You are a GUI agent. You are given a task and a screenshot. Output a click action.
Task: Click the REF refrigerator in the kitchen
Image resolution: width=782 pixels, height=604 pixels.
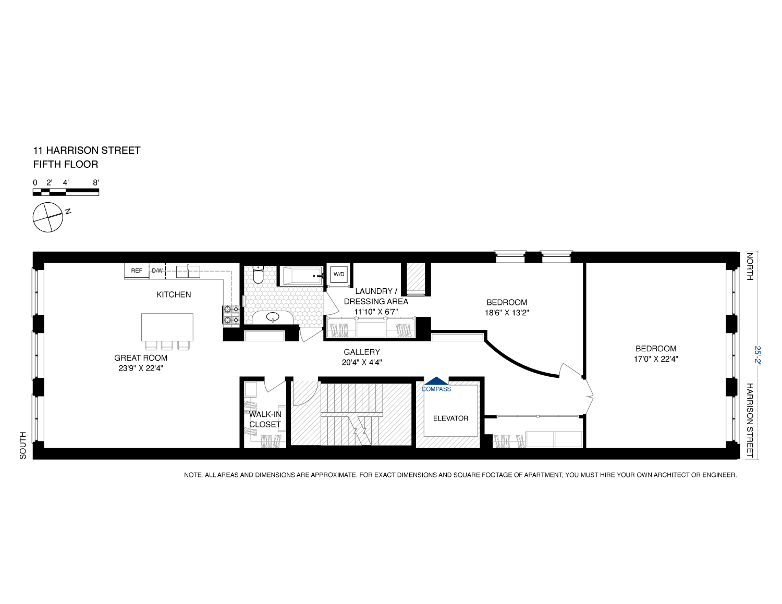[137, 271]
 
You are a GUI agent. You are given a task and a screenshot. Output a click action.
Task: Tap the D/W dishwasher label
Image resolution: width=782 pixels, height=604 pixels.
[157, 271]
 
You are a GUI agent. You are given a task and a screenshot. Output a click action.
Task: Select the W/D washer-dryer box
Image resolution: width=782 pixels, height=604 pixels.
[339, 274]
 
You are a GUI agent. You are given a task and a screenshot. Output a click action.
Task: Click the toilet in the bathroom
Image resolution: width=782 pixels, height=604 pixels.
[258, 275]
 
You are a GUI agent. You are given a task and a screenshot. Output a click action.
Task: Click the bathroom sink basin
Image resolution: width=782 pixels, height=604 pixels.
[273, 316]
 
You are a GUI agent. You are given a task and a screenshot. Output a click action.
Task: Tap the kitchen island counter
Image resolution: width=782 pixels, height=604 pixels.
[167, 327]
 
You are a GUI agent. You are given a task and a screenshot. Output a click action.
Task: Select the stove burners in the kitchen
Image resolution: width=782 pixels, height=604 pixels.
[231, 315]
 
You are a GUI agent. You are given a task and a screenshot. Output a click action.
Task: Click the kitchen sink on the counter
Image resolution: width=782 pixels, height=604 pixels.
[188, 271]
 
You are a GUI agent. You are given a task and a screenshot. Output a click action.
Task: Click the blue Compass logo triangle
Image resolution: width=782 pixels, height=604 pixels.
[436, 381]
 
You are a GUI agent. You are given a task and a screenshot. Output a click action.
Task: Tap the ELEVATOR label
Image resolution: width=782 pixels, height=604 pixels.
[450, 418]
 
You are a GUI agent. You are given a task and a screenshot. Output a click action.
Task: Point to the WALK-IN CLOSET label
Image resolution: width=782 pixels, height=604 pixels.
[265, 420]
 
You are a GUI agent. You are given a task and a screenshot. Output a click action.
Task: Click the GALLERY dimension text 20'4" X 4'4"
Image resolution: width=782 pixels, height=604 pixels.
[362, 363]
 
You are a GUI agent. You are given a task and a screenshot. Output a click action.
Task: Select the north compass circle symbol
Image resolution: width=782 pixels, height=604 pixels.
[48, 217]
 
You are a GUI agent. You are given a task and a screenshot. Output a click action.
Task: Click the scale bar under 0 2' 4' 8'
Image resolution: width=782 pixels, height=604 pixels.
[66, 192]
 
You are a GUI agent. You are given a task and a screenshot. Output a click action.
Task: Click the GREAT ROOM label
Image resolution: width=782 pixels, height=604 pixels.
[141, 358]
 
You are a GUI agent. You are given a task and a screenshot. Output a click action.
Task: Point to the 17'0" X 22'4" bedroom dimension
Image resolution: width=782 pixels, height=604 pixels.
[656, 359]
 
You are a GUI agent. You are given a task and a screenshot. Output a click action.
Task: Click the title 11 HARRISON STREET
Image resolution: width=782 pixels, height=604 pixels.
[87, 151]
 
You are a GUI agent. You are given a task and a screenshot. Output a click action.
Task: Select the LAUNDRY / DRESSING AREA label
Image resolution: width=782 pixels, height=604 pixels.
[376, 296]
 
